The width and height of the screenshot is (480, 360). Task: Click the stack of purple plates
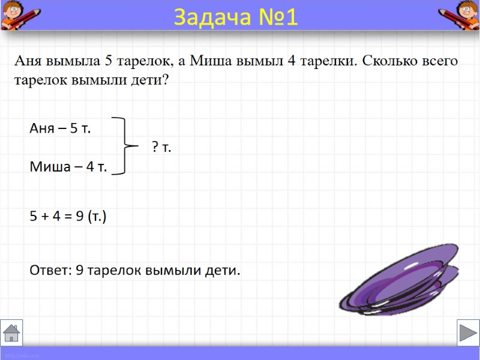399,281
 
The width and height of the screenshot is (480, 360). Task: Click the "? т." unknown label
161,147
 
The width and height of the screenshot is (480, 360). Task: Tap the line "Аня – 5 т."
61,128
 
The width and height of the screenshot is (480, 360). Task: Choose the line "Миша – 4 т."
68,167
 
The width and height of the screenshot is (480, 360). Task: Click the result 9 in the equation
79,217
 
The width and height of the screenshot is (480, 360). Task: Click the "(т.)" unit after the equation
97,217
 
